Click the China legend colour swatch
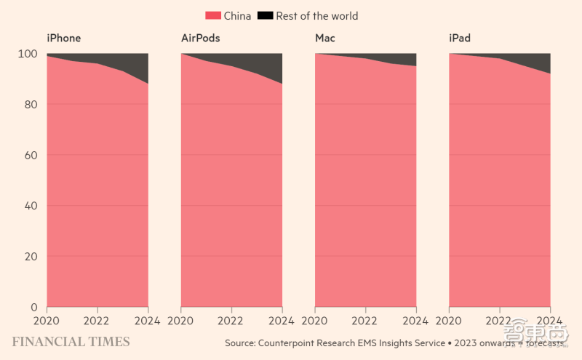pos(213,15)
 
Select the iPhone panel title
pos(64,38)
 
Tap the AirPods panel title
pos(200,38)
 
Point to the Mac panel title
pos(325,38)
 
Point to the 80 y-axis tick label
pos(29,105)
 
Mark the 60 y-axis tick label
pos(29,156)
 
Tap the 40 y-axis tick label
pos(29,206)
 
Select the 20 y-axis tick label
pos(29,257)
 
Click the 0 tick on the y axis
pos(33,307)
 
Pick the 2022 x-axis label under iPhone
pos(97,320)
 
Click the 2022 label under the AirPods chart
pos(231,320)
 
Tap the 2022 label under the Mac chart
pos(365,320)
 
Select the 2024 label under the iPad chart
pos(549,320)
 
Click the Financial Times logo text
pos(71,342)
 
